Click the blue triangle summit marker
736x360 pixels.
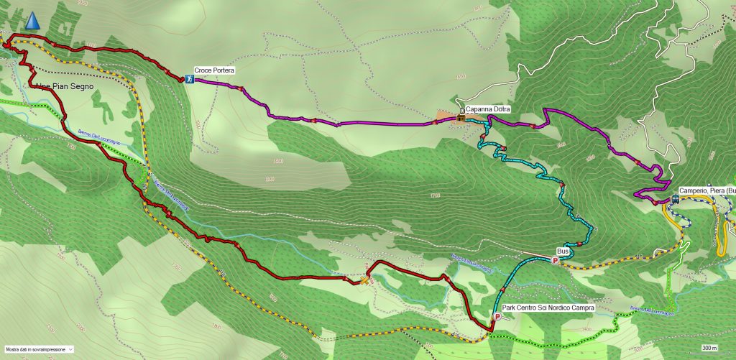pyautogui.click(x=32, y=20)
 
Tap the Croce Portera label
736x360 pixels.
pyautogui.click(x=214, y=70)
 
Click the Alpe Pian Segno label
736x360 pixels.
pyautogui.click(x=65, y=86)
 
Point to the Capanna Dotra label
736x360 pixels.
pyautogui.click(x=487, y=109)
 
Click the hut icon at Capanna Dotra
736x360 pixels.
pyautogui.click(x=461, y=116)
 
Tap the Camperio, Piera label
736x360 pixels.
pyautogui.click(x=707, y=190)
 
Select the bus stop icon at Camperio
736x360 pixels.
pyautogui.click(x=675, y=200)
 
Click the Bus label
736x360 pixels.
pyautogui.click(x=563, y=251)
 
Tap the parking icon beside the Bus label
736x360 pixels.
pyautogui.click(x=555, y=260)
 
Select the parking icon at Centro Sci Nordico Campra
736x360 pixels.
pyautogui.click(x=496, y=316)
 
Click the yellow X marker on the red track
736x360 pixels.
pyautogui.click(x=365, y=280)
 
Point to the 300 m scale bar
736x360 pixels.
pyautogui.click(x=709, y=349)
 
